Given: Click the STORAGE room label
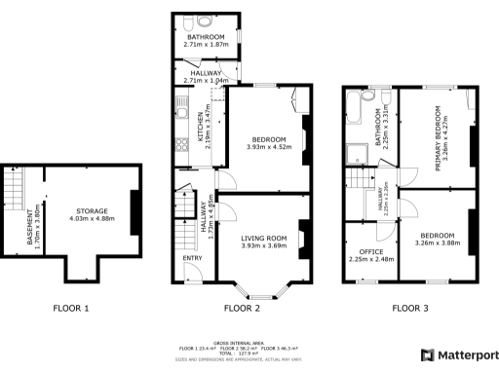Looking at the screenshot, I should (94, 211).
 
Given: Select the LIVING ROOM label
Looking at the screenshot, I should (264, 238).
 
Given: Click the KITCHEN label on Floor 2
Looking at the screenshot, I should (201, 127).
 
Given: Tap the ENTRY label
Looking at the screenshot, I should (191, 258).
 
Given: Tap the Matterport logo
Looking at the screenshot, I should (458, 355).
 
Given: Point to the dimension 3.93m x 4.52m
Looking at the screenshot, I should (264, 147).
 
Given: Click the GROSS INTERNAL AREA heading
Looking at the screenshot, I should (249, 342).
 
